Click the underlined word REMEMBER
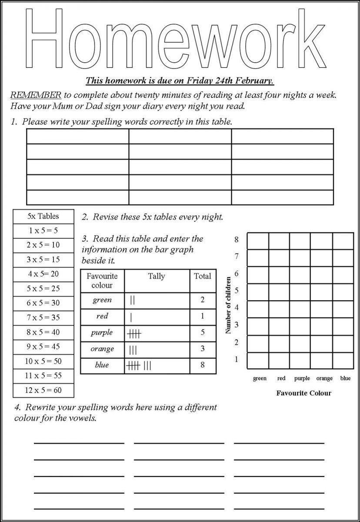pos(36,95)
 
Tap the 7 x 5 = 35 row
pos(43,318)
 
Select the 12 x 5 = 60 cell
pos(43,390)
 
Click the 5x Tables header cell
pos(43,216)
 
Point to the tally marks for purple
pos(135,334)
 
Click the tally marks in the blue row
pos(139,365)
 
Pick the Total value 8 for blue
pos(202,365)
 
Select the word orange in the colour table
pos(102,349)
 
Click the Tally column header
pos(157,276)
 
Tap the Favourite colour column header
pos(102,281)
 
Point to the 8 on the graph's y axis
pos(237,239)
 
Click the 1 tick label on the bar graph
pos(237,359)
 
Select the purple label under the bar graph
pos(302,378)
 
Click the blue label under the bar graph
pos(345,378)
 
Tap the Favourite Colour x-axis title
pos(303,393)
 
